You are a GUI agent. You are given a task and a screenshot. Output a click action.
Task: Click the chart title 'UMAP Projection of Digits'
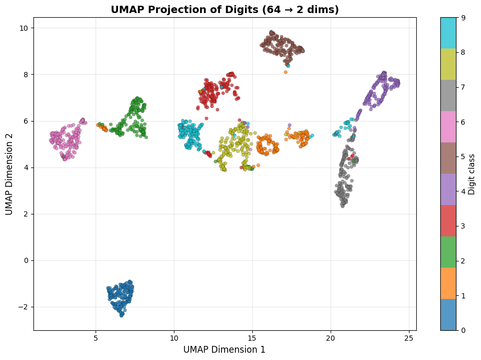coord(225,9)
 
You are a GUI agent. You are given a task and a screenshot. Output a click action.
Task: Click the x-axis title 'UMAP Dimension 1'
coord(225,350)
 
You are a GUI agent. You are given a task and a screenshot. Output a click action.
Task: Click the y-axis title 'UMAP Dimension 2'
coord(9,174)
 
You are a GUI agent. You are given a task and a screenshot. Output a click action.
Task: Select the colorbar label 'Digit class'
coord(472,174)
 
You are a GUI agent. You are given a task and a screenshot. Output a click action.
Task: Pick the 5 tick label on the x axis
coord(96,338)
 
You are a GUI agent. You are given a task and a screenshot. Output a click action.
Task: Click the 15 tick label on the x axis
coord(252,338)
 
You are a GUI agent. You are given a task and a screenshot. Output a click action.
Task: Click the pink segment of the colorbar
coord(448,127)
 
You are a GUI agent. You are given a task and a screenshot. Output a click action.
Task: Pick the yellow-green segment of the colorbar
coord(448,64)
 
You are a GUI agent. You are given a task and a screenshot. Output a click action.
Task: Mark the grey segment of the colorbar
coord(448,95)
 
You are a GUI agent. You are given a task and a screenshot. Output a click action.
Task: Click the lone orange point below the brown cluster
coord(286,72)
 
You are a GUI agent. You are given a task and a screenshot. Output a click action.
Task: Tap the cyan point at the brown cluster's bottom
coord(288,66)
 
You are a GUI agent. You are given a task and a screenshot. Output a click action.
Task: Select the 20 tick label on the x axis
coord(331,338)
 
